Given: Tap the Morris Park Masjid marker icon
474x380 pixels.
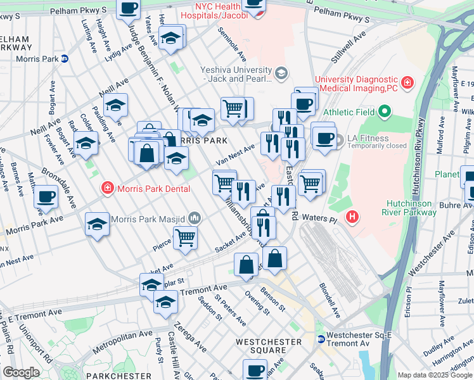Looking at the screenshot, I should tap(194, 219).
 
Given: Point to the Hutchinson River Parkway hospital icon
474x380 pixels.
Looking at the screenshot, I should tap(353, 217).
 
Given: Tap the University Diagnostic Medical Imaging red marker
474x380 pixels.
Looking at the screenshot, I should tap(407, 83).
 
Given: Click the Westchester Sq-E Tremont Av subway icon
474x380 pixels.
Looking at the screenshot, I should tap(321, 339).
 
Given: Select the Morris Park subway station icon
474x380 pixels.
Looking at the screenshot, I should tap(64, 59).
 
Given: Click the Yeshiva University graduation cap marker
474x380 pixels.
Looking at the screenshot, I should tap(279, 74).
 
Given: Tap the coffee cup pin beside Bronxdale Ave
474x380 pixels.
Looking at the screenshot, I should tap(46, 196).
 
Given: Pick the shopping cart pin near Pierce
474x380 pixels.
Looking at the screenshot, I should tap(186, 237).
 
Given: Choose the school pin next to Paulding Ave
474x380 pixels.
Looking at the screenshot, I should tap(115, 106).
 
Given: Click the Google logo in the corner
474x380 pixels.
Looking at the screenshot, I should tap(21, 372).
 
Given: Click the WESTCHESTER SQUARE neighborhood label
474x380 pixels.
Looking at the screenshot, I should tap(268, 346).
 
